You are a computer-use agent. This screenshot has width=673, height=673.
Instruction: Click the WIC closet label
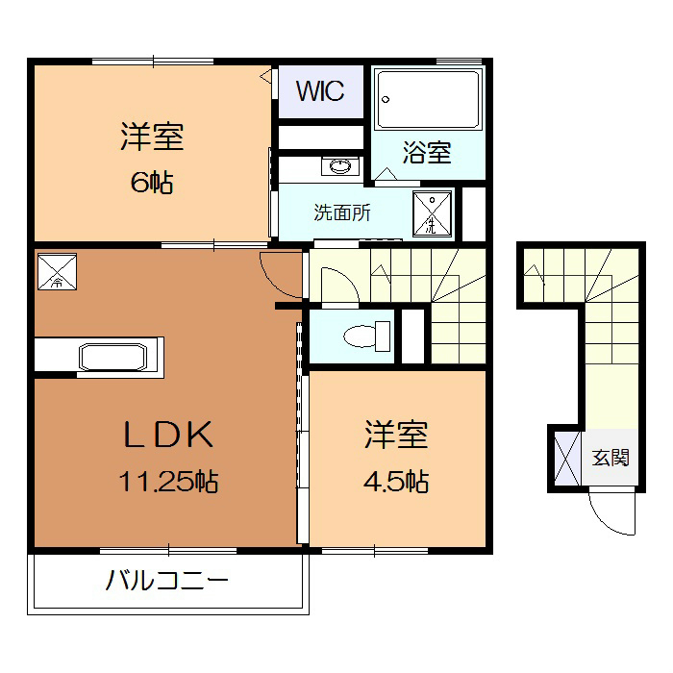(320, 91)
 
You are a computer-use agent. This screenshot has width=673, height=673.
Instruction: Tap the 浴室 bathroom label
(427, 152)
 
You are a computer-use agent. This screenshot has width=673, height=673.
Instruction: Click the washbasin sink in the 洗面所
(340, 166)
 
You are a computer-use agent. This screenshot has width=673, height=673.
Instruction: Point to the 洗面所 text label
(342, 212)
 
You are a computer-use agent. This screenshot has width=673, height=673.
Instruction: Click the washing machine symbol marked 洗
(433, 214)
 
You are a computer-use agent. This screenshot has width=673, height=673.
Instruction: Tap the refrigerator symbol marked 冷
(56, 271)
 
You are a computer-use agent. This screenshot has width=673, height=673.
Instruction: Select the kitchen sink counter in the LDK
(113, 355)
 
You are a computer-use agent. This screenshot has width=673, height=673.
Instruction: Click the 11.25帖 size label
(168, 481)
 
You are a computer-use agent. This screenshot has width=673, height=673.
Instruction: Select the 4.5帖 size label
(395, 481)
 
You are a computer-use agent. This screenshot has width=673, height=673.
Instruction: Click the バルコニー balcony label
(167, 582)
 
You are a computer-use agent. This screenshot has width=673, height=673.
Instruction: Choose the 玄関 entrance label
(611, 457)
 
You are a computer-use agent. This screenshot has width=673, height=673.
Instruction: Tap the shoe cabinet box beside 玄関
(564, 458)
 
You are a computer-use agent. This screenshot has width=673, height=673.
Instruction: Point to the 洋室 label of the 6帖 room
(152, 137)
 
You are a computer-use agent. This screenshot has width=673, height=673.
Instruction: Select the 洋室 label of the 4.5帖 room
(395, 436)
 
